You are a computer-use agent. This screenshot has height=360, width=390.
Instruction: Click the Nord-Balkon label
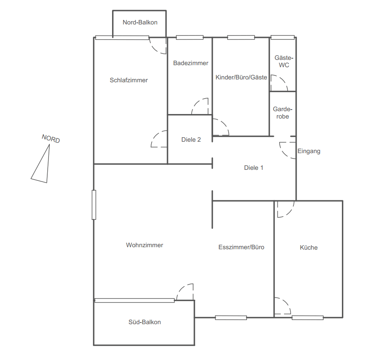[140, 22]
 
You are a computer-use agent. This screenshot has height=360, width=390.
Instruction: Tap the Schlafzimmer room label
[129, 80]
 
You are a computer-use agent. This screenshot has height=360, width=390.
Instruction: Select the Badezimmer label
[191, 63]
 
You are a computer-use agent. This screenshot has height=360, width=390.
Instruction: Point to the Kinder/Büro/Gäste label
[241, 77]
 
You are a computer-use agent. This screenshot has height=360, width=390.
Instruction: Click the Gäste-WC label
[284, 61]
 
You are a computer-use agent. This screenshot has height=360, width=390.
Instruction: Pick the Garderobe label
[282, 113]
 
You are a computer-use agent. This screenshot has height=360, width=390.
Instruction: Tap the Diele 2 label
[191, 140]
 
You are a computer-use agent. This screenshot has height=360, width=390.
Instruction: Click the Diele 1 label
[253, 168]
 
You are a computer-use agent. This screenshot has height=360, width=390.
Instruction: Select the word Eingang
[309, 151]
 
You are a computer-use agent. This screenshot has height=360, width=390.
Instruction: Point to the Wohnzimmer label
[145, 245]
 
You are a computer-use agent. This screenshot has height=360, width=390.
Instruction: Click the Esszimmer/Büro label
[241, 247]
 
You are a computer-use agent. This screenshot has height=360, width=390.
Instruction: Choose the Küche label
[308, 247]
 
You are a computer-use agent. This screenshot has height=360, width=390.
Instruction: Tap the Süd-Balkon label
[145, 322]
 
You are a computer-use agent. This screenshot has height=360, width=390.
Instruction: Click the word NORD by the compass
[51, 138]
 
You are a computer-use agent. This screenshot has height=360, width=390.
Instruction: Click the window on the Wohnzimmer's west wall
[94, 205]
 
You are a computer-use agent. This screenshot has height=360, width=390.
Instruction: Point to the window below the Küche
[308, 318]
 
